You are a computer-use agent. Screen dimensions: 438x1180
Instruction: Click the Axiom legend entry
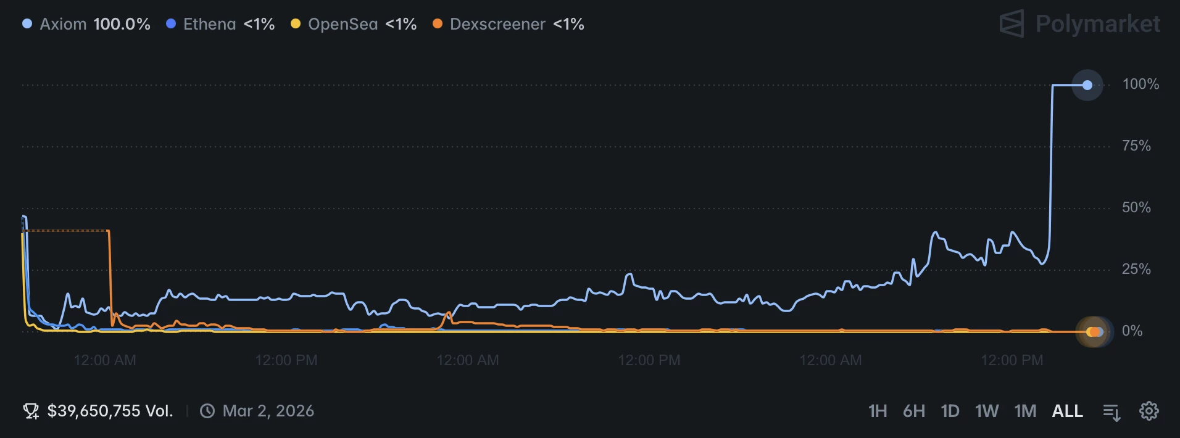(86, 24)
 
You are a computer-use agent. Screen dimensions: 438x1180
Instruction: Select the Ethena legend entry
(220, 24)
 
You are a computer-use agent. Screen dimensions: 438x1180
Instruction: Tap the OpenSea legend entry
(354, 24)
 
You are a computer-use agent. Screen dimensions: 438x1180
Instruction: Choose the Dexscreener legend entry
(509, 24)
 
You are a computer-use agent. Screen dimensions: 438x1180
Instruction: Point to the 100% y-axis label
(1141, 85)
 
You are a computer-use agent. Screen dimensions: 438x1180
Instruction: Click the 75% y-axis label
(1136, 146)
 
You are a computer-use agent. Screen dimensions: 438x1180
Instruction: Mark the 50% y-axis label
(1136, 208)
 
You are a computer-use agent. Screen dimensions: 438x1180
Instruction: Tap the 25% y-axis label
(1136, 270)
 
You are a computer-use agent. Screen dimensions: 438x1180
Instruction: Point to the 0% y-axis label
(1132, 331)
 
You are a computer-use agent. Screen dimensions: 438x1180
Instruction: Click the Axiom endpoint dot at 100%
(1087, 85)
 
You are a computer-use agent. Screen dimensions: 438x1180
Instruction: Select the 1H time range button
(878, 411)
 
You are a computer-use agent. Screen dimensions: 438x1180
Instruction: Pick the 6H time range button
(914, 411)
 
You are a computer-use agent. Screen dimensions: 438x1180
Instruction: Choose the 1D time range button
(950, 411)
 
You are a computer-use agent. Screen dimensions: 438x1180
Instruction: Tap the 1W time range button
(987, 411)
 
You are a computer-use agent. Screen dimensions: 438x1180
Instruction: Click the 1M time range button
(1025, 411)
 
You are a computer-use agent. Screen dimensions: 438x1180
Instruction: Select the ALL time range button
(1067, 411)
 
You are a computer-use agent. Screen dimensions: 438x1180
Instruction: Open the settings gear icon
(1149, 411)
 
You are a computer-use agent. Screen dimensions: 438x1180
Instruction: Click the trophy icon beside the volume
(31, 411)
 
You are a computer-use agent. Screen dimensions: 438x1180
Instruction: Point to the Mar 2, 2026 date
(268, 411)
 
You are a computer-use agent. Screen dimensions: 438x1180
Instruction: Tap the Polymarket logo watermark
(1079, 24)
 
